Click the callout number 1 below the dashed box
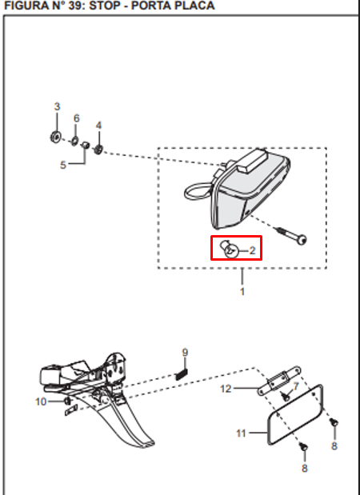[242, 291]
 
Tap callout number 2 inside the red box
[253, 250]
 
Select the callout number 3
[57, 107]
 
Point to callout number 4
[99, 126]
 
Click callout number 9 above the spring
[185, 353]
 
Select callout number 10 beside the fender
[41, 401]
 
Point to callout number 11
[242, 433]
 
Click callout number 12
[226, 389]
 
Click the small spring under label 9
[182, 371]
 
